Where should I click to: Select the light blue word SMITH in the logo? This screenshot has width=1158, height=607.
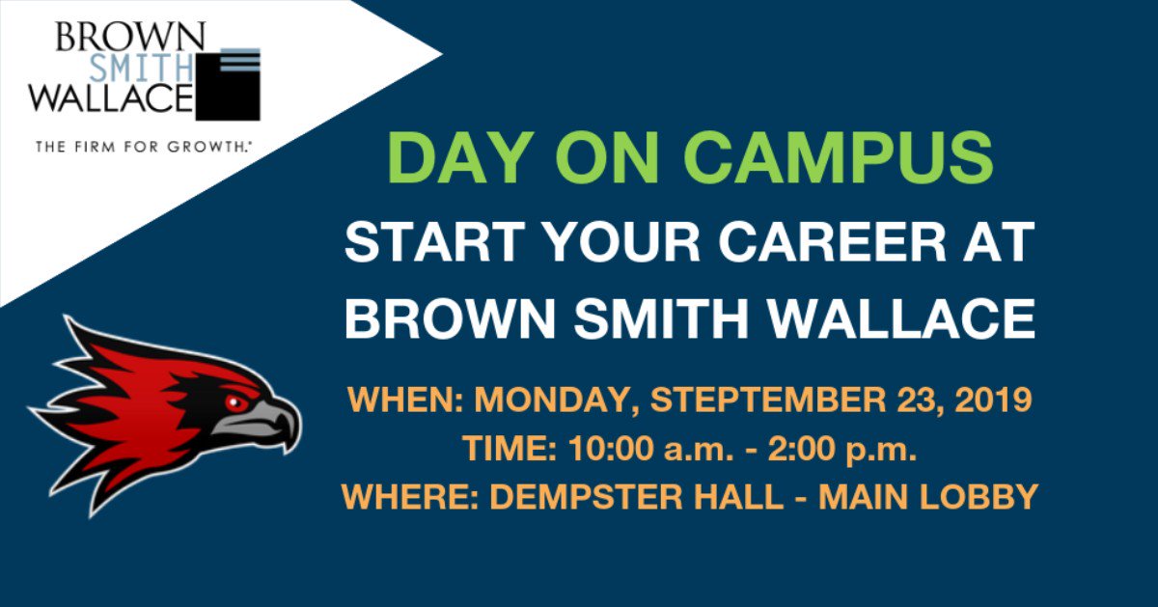tap(165, 67)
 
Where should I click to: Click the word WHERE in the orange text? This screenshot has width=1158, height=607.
tap(406, 496)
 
